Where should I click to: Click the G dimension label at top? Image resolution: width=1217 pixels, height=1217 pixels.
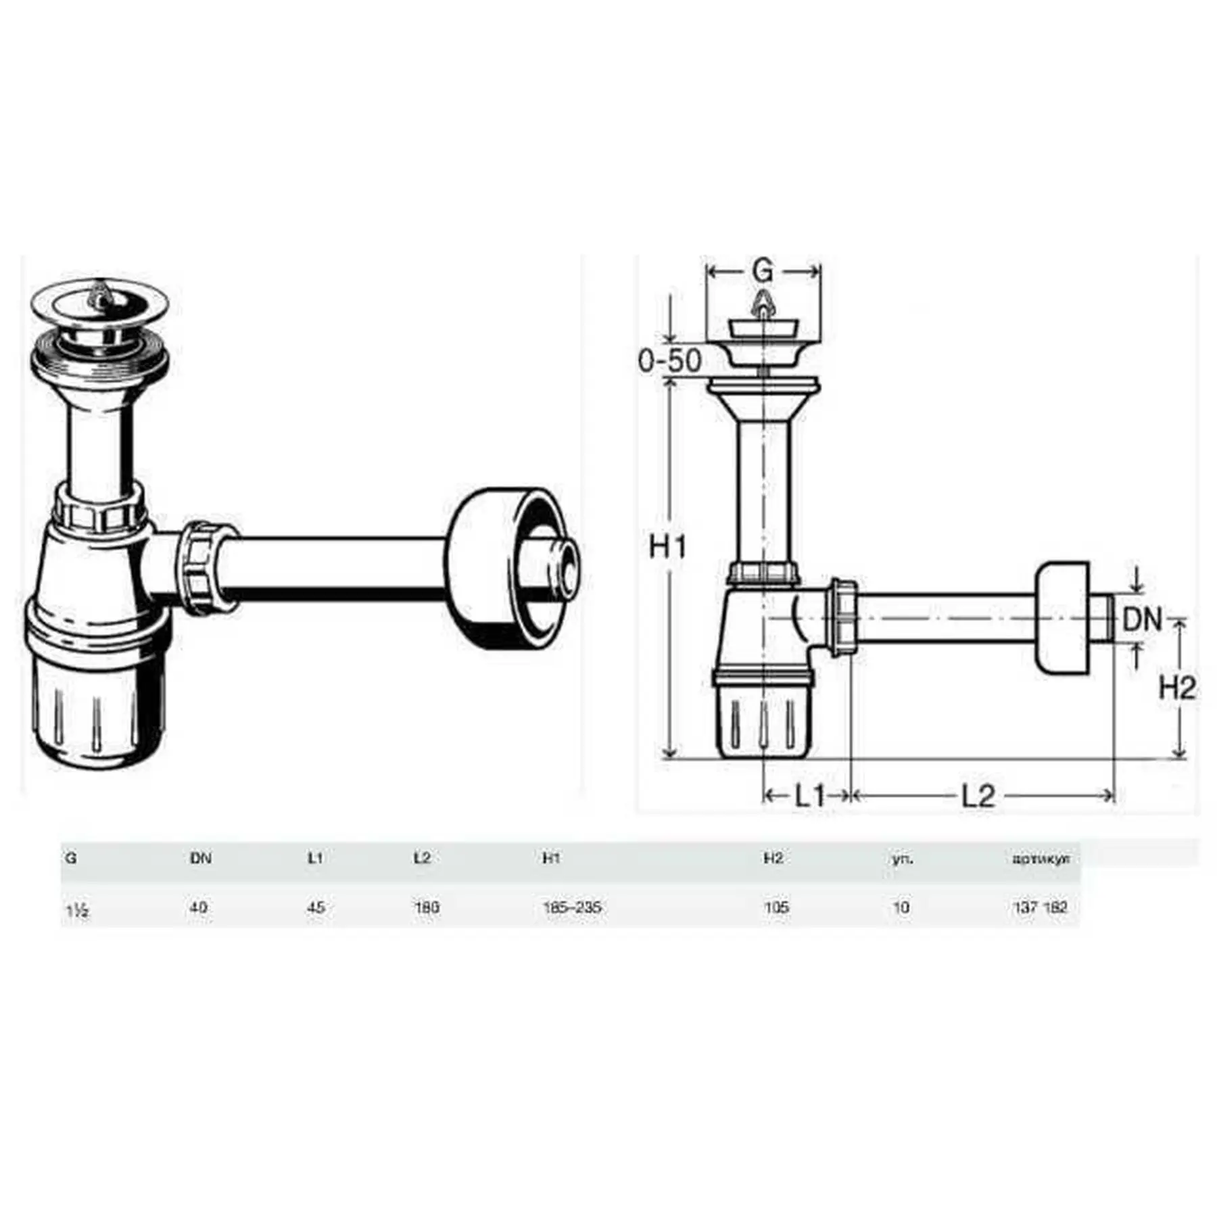(x=762, y=271)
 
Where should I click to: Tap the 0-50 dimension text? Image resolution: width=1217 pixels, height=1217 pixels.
(x=669, y=360)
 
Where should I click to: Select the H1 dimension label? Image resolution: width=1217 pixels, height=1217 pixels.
(x=667, y=546)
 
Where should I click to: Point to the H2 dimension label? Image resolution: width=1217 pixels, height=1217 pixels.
(x=1177, y=688)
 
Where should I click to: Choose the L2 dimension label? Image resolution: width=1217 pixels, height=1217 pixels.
(x=978, y=796)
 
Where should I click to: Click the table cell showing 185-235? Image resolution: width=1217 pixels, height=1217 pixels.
(x=572, y=907)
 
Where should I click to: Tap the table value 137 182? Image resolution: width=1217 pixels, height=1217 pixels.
(x=1040, y=907)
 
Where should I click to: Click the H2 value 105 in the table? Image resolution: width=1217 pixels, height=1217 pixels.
(x=776, y=907)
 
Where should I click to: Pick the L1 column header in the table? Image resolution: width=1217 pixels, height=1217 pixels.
(x=314, y=858)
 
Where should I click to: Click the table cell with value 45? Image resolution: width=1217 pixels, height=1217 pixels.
(x=316, y=907)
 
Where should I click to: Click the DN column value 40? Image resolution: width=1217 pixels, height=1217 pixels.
(x=199, y=907)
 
